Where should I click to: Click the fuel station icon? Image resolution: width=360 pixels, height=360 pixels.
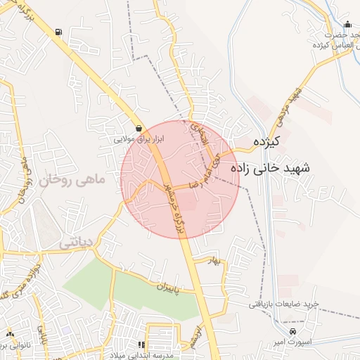pos(57,31)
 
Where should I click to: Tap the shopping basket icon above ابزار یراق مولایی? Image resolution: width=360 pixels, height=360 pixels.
pos(139,129)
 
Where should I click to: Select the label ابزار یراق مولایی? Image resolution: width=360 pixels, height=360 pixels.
pos(139,139)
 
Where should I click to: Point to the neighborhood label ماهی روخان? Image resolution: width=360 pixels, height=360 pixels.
pos(72,181)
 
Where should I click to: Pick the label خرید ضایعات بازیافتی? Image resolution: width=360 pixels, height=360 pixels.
pos(283,304)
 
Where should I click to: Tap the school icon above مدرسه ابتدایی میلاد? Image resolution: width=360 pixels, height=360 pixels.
pos(141,345)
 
